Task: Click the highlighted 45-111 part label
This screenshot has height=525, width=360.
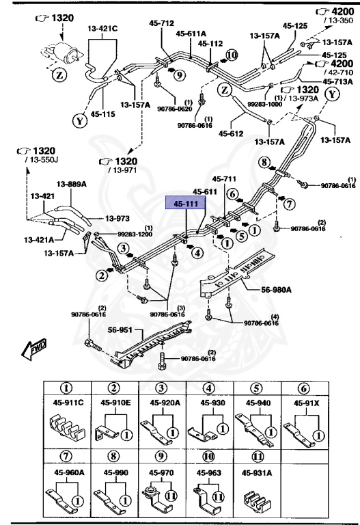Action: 186,204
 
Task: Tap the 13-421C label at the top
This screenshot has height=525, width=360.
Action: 102,28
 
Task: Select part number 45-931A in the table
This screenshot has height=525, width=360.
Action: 257,472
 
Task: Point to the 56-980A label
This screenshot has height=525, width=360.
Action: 275,290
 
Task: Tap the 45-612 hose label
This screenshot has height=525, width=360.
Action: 231,133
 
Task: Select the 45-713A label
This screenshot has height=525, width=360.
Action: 337,81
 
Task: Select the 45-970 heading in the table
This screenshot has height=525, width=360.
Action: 162,472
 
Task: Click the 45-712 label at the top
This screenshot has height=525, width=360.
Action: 162,23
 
